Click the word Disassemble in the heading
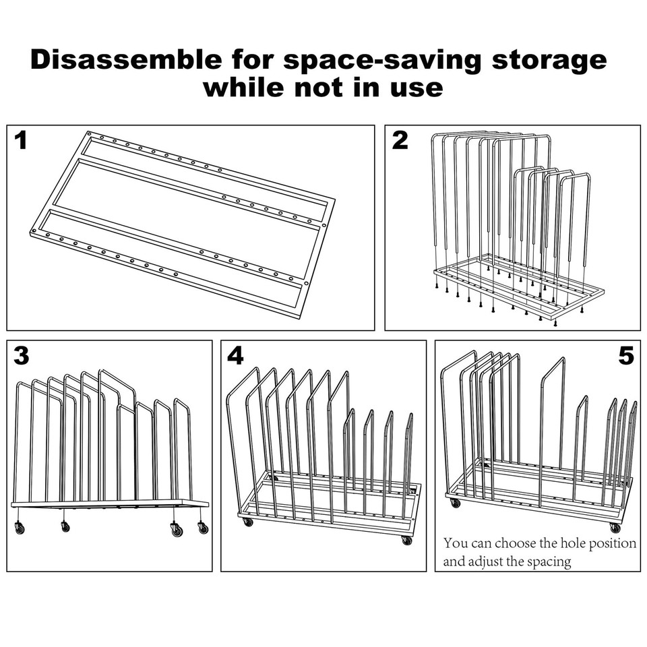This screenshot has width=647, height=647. coord(126,59)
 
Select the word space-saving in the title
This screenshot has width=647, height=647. coord(383,61)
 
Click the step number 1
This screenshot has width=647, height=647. coord(21,140)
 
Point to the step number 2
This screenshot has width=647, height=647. coord(400,140)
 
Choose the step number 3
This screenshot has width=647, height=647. coord(22,355)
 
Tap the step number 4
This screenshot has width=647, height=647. coord(236,355)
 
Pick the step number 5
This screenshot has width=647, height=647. coord(626,355)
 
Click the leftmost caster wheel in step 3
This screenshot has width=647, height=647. coord(20,528)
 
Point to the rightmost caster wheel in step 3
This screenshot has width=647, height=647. coord(203,528)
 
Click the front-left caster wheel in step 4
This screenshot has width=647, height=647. coord(247,522)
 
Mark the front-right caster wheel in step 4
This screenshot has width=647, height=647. coord(406,540)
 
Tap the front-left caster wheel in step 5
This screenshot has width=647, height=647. coord(455,503)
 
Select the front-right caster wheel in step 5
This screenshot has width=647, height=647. coord(615,528)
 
